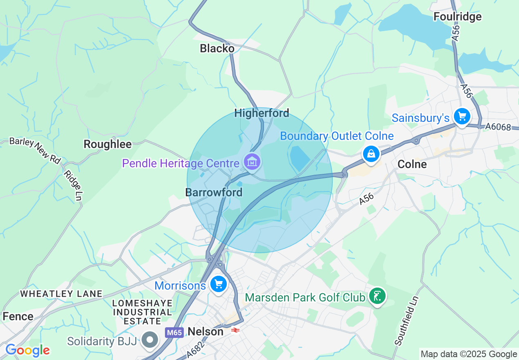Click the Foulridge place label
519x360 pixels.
click(x=458, y=17)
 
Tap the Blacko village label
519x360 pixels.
click(x=217, y=49)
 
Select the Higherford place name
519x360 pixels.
click(x=262, y=113)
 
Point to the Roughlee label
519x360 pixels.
click(x=108, y=144)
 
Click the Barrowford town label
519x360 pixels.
click(x=214, y=192)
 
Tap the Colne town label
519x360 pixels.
click(x=412, y=164)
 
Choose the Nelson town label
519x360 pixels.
click(x=205, y=331)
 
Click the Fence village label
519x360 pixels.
click(x=18, y=316)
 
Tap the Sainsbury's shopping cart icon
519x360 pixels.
click(x=462, y=117)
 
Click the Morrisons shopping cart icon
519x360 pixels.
click(x=218, y=283)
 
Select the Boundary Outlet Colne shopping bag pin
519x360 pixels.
click(x=371, y=154)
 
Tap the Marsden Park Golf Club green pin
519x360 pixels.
click(x=377, y=296)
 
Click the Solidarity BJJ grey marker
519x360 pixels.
click(x=150, y=340)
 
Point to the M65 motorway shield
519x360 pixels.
click(x=174, y=333)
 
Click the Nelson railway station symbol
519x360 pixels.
click(x=235, y=330)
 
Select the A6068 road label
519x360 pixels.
click(x=499, y=127)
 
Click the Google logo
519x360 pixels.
click(x=27, y=350)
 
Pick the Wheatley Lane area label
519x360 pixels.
click(x=61, y=294)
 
